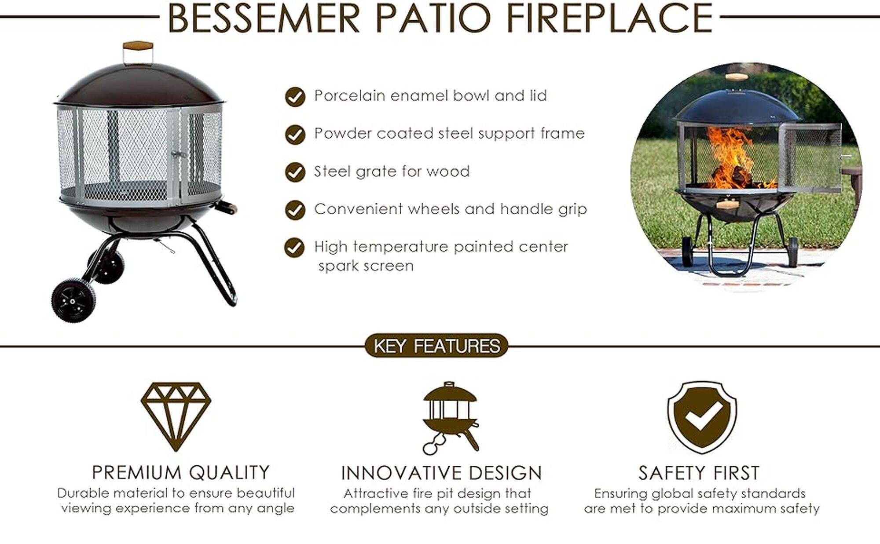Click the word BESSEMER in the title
(x=264, y=18)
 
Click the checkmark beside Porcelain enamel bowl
(x=295, y=97)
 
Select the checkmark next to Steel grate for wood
(x=295, y=172)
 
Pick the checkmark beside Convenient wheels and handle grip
(x=295, y=210)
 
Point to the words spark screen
(x=366, y=266)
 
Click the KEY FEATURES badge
(x=436, y=346)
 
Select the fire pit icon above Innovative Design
(x=450, y=418)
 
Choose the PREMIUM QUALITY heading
(x=181, y=472)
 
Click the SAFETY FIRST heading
(x=699, y=473)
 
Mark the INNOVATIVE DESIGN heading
(x=441, y=473)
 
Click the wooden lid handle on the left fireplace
(x=138, y=46)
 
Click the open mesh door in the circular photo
(x=810, y=158)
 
